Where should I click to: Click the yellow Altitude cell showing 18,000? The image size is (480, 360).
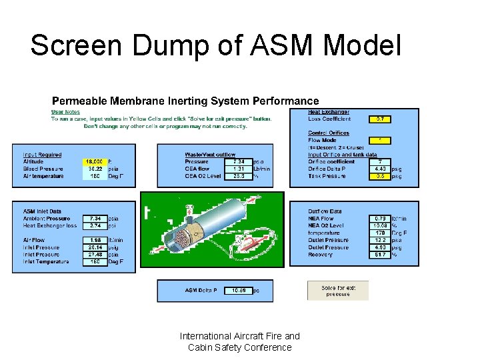click(93, 161)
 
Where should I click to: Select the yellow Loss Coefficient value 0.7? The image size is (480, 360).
click(379, 119)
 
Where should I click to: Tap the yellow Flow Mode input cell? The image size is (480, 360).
click(379, 141)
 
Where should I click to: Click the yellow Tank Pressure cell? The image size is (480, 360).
click(379, 176)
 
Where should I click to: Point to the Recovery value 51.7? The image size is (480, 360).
click(379, 254)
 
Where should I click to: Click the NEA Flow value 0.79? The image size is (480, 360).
click(379, 219)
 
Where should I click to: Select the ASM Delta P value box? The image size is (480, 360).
click(239, 290)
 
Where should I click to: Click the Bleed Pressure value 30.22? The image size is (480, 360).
click(93, 169)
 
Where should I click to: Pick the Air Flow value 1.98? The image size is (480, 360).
click(93, 240)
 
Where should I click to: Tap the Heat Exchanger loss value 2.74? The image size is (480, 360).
click(93, 225)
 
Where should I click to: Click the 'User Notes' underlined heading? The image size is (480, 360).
click(65, 112)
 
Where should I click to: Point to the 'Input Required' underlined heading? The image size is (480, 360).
click(42, 155)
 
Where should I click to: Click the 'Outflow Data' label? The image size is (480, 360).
click(325, 211)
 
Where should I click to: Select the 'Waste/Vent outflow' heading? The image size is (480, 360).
click(210, 155)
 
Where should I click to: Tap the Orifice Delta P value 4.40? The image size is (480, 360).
click(379, 169)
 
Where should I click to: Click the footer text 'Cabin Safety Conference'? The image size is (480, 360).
click(239, 347)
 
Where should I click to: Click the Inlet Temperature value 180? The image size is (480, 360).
click(93, 261)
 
